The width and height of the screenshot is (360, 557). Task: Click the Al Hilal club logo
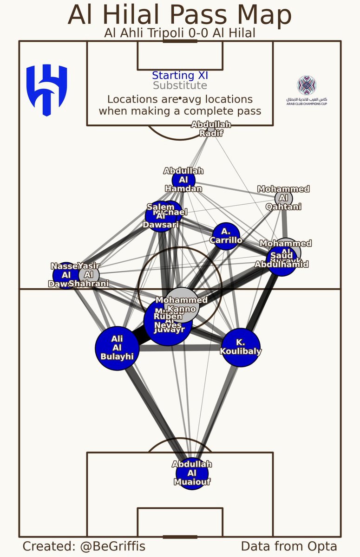click(x=47, y=90)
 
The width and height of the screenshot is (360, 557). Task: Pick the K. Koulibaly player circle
click(x=241, y=348)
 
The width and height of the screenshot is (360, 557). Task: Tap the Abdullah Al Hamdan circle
click(x=183, y=180)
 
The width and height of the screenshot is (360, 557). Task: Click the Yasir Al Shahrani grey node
click(x=88, y=274)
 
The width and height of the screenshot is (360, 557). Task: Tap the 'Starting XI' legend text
click(x=180, y=75)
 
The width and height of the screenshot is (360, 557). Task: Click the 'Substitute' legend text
click(x=180, y=85)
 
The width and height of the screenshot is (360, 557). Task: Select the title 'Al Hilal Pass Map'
click(x=180, y=15)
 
